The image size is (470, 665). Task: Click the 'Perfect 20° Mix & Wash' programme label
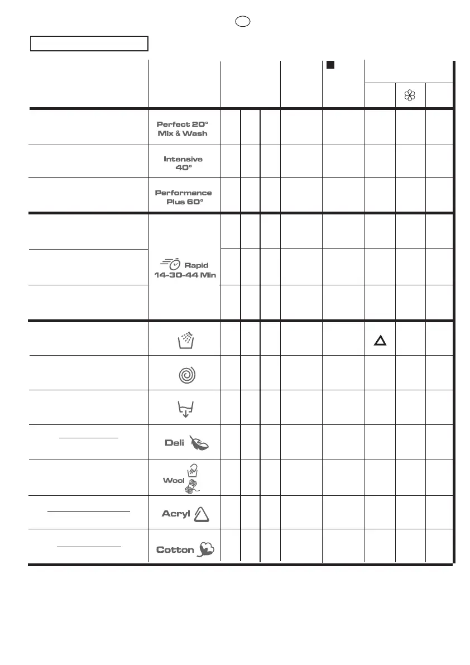[x=183, y=129]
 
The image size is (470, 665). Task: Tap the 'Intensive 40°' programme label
[x=183, y=163]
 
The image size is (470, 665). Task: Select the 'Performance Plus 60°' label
[x=183, y=197]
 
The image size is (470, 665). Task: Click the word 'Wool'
[x=174, y=480]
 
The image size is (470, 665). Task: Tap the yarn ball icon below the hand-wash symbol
[x=193, y=487]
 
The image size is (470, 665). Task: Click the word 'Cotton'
[x=175, y=550]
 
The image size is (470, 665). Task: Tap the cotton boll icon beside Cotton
[x=205, y=549]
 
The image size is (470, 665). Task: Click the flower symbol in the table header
[x=410, y=95]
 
